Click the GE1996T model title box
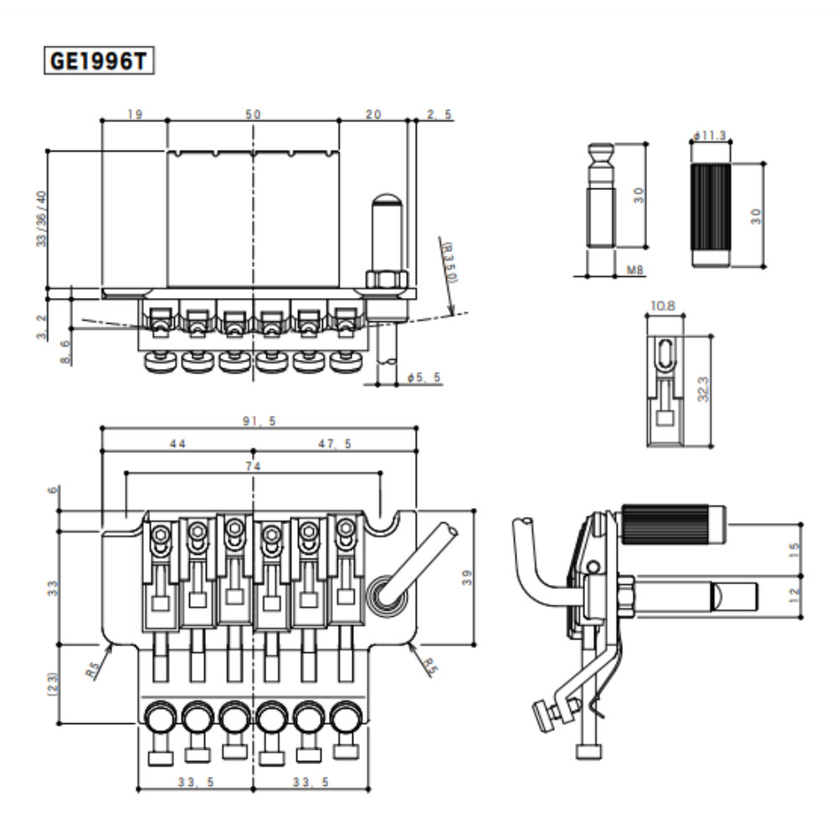click(x=99, y=61)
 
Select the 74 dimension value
click(x=253, y=465)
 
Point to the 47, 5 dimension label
click(x=334, y=444)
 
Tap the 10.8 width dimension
click(x=662, y=307)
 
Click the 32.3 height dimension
click(x=704, y=389)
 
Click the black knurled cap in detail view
click(x=711, y=215)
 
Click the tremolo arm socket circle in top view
click(x=386, y=593)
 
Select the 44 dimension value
click(x=177, y=444)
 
